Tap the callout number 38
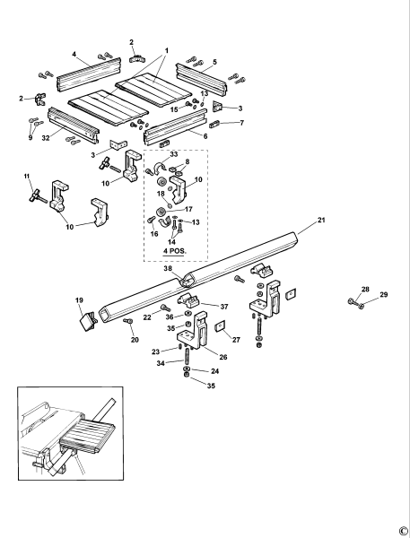(167, 268)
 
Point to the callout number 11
(27, 176)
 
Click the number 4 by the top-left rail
(74, 55)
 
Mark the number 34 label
(161, 363)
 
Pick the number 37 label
(224, 307)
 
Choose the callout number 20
(135, 340)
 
